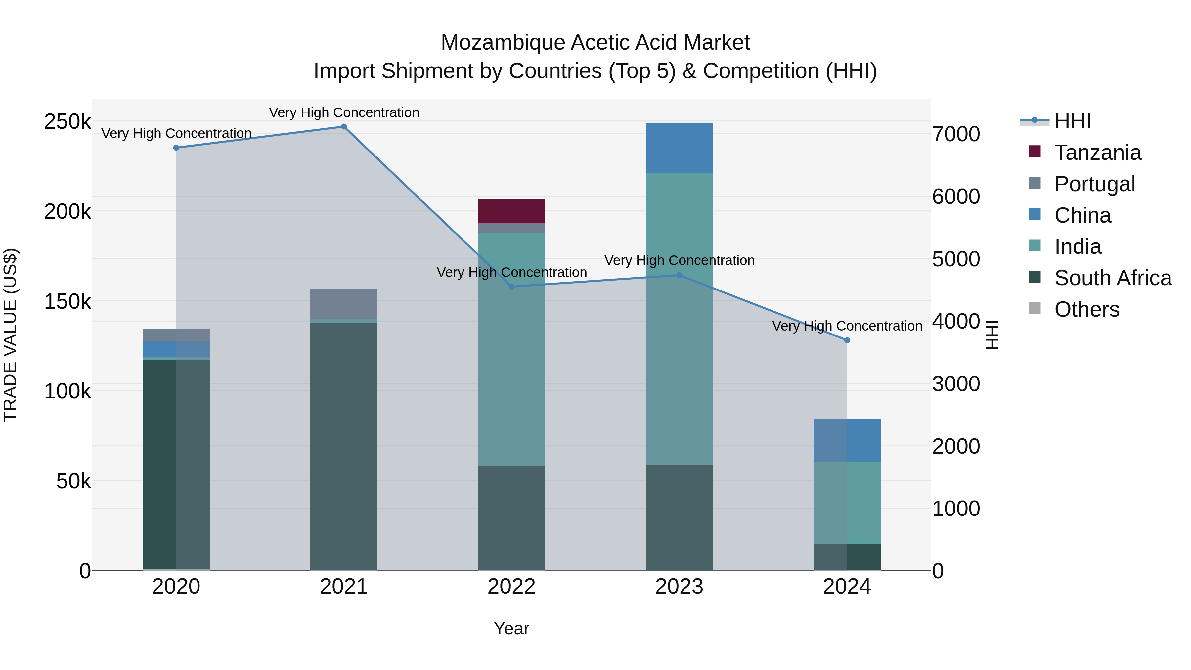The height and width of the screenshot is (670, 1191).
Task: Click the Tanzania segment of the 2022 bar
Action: [x=511, y=211]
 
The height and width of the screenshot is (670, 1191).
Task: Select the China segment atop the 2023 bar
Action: [x=679, y=148]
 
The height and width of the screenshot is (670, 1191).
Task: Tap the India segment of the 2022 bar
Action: [x=511, y=349]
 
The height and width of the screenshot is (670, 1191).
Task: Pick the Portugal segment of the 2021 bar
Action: [x=343, y=304]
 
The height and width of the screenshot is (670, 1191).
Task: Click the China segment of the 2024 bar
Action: [x=847, y=440]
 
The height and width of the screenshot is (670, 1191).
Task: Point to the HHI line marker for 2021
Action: [x=343, y=127]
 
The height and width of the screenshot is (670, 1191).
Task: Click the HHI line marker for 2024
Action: [x=847, y=340]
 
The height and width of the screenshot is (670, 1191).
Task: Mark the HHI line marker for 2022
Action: [x=511, y=287]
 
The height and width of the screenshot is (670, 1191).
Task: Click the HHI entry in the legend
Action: [x=1072, y=121]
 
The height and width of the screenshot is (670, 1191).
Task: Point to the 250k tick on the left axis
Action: [x=67, y=122]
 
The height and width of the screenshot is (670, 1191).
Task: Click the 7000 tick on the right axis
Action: [x=956, y=134]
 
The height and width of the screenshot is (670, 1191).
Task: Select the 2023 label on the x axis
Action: [x=679, y=587]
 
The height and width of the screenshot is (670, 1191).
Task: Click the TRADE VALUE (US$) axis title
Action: [x=10, y=335]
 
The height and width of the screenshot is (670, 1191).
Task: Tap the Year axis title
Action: [x=511, y=628]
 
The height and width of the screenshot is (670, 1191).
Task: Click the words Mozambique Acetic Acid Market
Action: [x=595, y=43]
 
